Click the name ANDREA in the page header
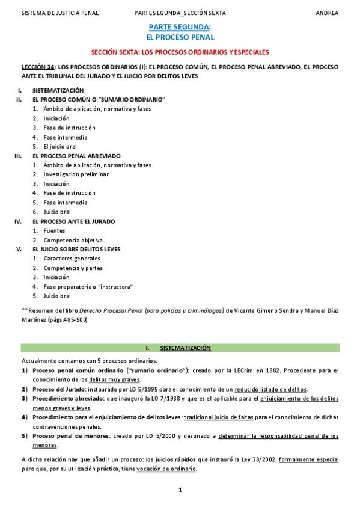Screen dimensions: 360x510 [327, 13]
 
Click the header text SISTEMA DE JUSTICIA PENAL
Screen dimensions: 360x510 [60, 13]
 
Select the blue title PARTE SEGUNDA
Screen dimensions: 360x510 [179, 27]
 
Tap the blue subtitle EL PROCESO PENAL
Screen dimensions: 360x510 [180, 37]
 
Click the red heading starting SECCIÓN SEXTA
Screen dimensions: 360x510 [180, 53]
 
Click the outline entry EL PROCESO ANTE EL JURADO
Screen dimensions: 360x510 [73, 221]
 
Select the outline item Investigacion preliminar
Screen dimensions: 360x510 [76, 174]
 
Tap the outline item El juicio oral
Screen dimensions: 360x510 [59, 146]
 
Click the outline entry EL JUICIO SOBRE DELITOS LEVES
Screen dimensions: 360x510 [76, 249]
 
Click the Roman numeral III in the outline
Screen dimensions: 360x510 [18, 156]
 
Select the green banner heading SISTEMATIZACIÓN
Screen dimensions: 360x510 [185, 348]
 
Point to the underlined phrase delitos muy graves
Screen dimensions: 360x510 [115, 379]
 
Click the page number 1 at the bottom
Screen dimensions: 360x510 [180, 491]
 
